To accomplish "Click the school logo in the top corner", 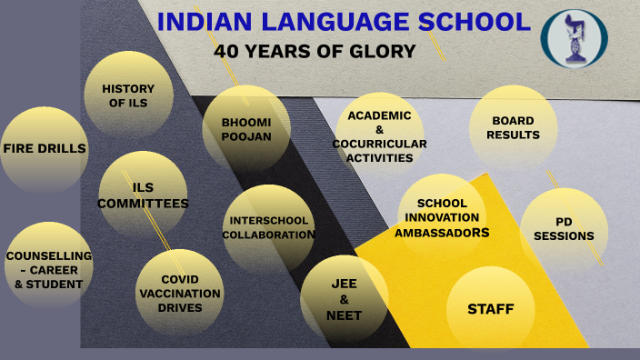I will tap(574, 38).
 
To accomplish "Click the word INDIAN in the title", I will tap(202, 22).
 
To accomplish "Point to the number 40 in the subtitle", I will tap(226, 52).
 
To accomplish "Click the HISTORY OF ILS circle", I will tap(128, 95).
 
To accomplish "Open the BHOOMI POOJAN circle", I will tap(246, 128).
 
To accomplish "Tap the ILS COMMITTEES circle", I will tap(143, 195).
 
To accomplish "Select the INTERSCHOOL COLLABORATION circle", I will tap(268, 227).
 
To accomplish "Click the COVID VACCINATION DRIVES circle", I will tap(179, 293).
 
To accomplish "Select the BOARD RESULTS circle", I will tap(513, 128).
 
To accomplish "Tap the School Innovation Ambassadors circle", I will tap(442, 218).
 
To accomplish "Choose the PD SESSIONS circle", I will tap(564, 229).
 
